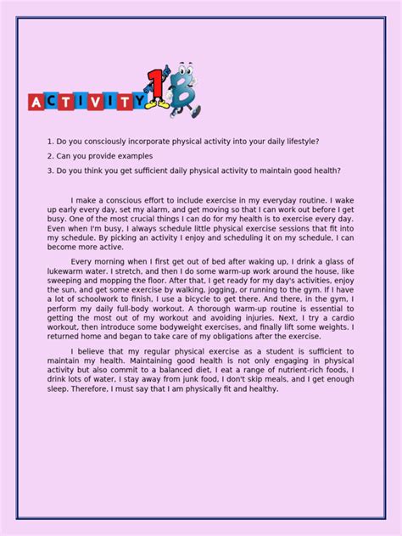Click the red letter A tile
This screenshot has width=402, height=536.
[37, 102]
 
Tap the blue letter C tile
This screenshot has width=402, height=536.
[53, 102]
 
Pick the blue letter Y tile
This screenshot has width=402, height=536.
[137, 102]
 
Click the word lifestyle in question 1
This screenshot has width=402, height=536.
[299, 141]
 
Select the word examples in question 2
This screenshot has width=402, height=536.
[132, 155]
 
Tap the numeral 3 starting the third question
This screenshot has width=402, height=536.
[50, 170]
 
